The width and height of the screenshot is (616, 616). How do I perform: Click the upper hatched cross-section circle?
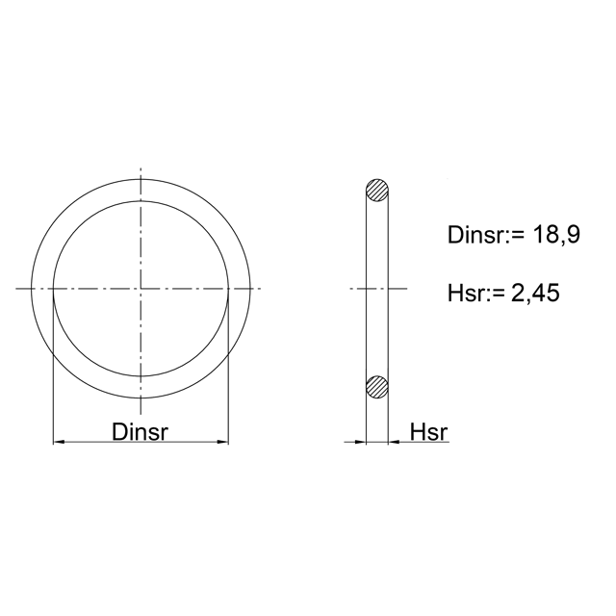(377, 191)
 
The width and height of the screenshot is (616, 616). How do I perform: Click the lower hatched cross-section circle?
(377, 387)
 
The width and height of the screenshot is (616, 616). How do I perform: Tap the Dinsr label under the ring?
(140, 432)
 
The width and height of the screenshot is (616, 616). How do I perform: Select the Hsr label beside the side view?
(428, 432)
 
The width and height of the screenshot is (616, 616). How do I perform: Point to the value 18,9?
(556, 235)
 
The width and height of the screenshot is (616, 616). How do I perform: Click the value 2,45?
(535, 293)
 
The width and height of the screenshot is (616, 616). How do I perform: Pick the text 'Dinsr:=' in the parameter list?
(486, 235)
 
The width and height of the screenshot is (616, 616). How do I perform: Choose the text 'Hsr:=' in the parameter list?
(475, 293)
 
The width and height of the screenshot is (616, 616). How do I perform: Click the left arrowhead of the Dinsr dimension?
(59, 443)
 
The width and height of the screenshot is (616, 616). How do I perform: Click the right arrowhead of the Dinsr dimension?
(222, 443)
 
